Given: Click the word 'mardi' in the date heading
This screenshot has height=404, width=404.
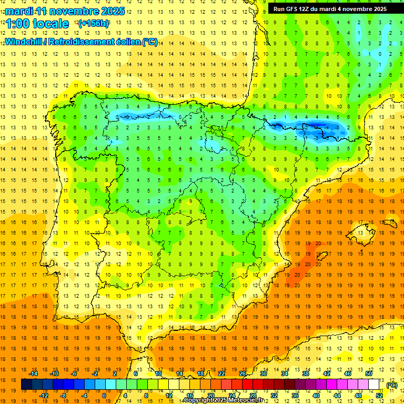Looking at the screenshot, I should coord(19,11).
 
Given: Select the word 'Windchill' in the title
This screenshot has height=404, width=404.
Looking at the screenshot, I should coord(23,42).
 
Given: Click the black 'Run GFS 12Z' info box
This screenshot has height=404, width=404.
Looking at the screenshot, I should coord(330,9).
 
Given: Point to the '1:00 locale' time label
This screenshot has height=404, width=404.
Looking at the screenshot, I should coord(37,24).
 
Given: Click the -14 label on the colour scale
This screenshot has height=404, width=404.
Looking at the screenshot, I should coord(33,373).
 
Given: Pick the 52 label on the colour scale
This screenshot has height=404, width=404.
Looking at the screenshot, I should coord(379,396).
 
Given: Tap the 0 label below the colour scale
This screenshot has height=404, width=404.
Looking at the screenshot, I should coord(104,396).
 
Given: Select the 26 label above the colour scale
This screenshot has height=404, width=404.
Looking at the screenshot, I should coord(243,373).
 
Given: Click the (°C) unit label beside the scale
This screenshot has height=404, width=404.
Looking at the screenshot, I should coord(391,385).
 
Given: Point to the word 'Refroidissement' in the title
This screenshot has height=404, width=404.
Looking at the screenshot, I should coord(82,42).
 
